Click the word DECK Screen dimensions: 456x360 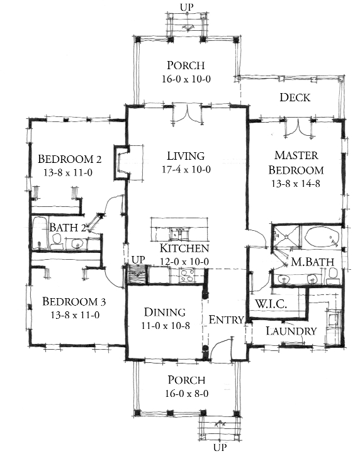(x=295, y=97)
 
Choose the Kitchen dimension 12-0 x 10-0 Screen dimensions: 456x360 (x=185, y=262)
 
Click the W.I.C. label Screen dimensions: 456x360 (x=271, y=304)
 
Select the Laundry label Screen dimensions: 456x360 (x=290, y=331)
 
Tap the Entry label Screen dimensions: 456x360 (x=226, y=320)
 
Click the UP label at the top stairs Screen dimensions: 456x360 (x=187, y=7)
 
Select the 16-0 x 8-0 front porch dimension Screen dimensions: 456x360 (x=187, y=394)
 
